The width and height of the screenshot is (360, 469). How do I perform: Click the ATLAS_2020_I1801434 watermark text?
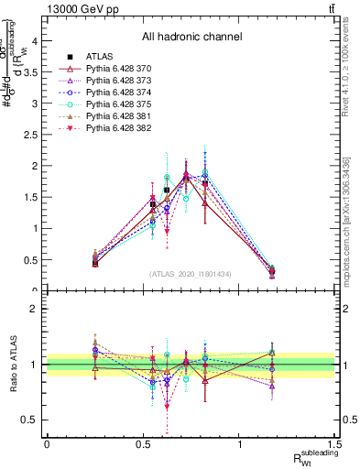tap(191, 274)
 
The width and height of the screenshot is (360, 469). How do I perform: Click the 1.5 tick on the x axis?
tap(337, 442)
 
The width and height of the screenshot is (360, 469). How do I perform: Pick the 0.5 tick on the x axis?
tap(143, 442)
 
